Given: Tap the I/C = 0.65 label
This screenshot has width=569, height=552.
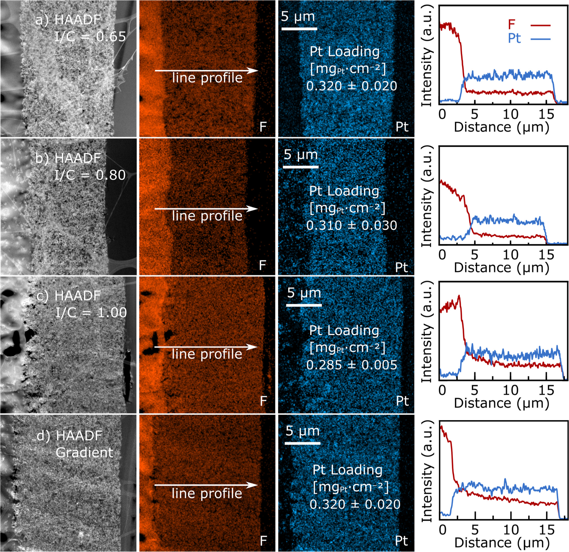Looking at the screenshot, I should pos(90,37).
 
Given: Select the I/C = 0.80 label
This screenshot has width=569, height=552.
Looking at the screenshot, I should pos(90,175).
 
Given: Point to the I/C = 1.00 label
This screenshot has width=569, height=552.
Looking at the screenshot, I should pos(91,312).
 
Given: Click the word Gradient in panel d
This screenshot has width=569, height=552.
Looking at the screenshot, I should pos(84,452).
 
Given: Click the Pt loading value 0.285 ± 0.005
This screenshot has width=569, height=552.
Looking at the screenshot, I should pos(352,365).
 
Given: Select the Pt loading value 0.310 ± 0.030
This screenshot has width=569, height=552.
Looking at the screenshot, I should pos(352,225).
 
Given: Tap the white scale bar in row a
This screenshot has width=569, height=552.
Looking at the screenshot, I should pos(299,29).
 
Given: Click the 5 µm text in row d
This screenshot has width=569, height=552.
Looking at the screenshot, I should pos(302,431).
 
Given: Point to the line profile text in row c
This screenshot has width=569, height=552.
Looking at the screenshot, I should pos(207,354).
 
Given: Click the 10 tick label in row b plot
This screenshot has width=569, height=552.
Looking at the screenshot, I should pos(511,255).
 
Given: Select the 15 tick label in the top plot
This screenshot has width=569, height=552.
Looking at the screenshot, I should pos(546,114).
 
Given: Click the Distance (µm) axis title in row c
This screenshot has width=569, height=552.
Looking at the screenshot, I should pos(502,403).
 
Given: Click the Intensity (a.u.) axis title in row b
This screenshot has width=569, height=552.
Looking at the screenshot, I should pos(427,197).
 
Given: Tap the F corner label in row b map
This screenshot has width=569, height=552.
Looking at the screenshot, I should pos(262,265).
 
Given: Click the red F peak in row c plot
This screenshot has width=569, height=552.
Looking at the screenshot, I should pos(459,296).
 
